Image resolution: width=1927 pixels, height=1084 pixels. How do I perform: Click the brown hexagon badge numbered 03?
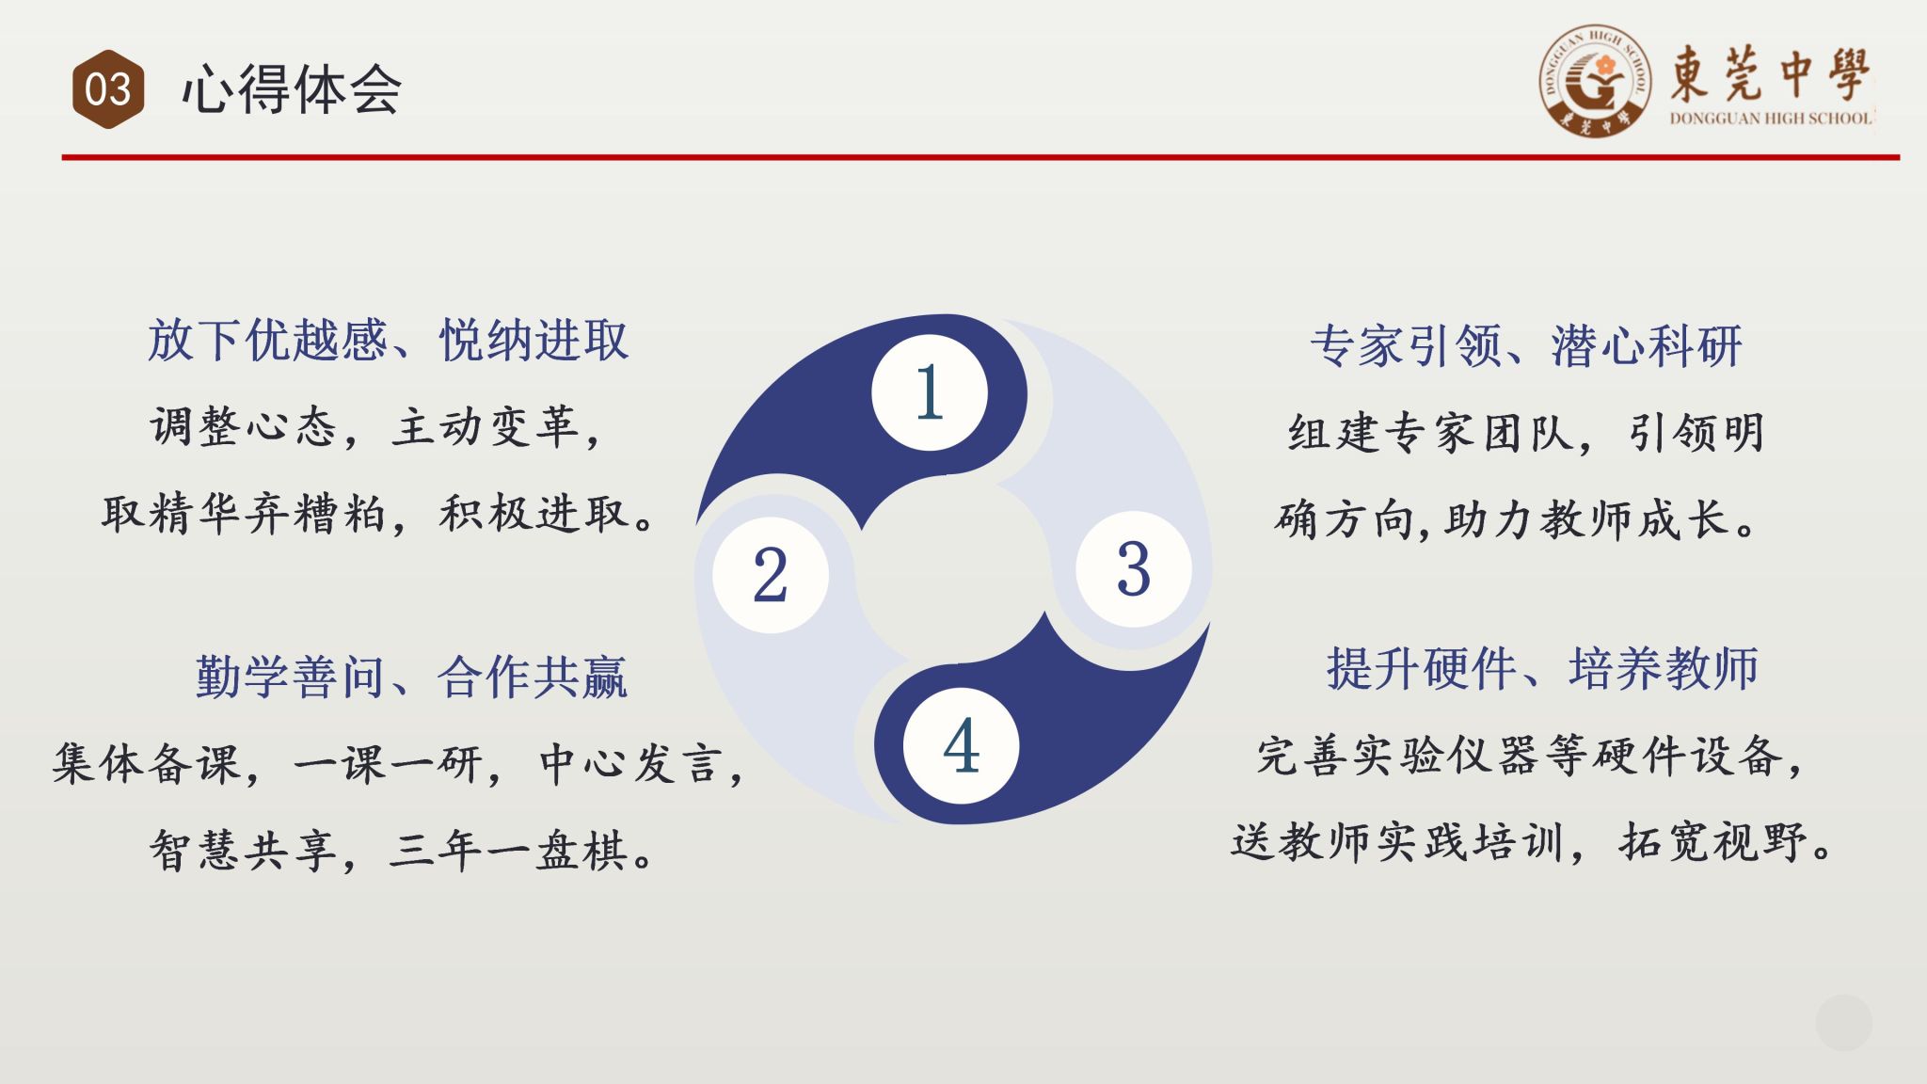[108, 89]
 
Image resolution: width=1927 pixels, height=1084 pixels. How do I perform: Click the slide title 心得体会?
[292, 90]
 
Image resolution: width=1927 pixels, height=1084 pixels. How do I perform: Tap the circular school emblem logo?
[1595, 81]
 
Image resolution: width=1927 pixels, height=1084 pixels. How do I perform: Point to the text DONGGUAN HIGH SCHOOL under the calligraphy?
[1770, 119]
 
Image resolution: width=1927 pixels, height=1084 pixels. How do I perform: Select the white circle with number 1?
[930, 392]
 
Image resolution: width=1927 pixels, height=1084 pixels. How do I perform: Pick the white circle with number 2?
[771, 575]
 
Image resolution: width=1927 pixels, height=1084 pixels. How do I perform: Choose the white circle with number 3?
[1134, 569]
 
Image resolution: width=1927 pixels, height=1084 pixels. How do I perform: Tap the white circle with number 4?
[961, 746]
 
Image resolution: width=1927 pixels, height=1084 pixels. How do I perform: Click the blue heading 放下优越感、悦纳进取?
[388, 341]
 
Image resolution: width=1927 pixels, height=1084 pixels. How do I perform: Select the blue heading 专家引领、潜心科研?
[1526, 346]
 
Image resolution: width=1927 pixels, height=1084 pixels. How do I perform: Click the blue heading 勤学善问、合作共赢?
[411, 677]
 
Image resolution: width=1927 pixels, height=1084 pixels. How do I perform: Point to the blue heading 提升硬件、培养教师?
[1542, 669]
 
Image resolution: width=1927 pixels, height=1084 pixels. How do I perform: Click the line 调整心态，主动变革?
[375, 428]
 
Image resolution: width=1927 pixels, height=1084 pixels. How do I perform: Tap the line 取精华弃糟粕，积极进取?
[378, 515]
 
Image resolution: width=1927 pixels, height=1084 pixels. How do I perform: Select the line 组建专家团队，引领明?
[1526, 434]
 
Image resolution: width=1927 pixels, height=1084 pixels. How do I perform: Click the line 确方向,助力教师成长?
[1517, 520]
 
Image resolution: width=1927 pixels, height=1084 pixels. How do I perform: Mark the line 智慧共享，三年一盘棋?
[402, 852]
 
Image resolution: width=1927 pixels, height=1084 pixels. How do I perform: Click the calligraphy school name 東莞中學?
[1770, 72]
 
